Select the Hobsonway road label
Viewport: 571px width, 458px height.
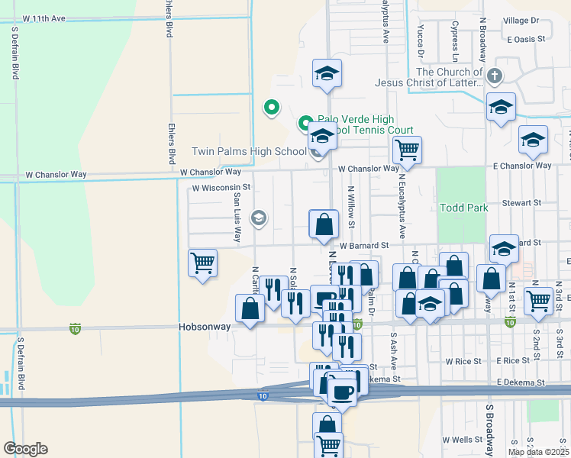[204, 326]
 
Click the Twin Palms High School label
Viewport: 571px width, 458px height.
[248, 152]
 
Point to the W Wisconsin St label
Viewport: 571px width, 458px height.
[221, 187]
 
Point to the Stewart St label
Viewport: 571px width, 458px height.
[521, 204]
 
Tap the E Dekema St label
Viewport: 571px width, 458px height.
[521, 382]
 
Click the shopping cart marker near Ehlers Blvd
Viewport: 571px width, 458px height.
[202, 263]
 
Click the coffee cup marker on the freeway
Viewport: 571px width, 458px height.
[342, 392]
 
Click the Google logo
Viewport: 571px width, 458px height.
[25, 449]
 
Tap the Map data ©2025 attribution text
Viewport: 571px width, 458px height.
[539, 452]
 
